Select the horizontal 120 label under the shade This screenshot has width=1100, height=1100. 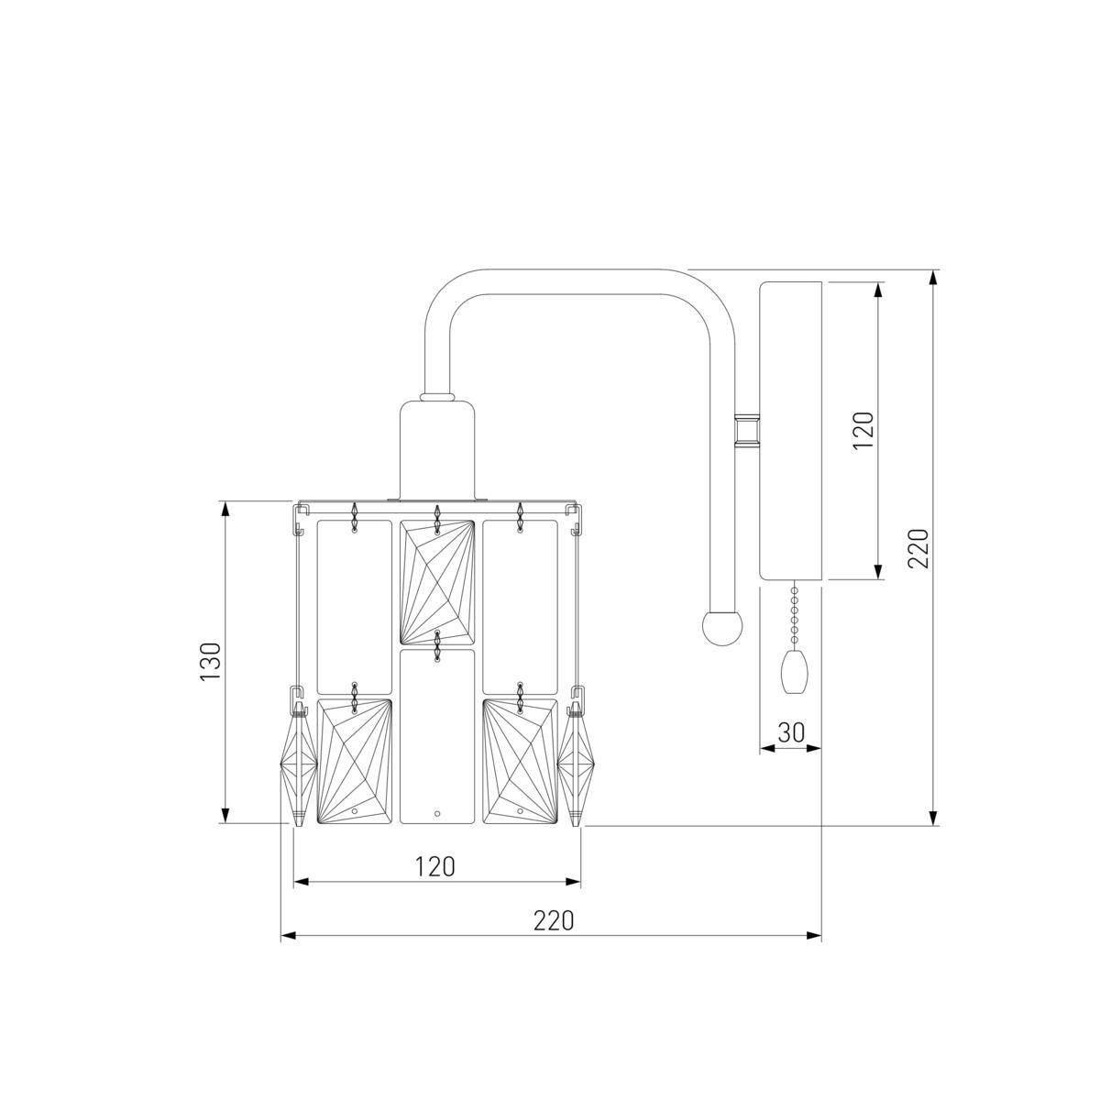pos(435,866)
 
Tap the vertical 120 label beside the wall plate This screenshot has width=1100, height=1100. pos(863,431)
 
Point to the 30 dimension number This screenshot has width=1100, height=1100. pos(791,732)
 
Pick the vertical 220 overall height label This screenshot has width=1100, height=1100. pos(918,548)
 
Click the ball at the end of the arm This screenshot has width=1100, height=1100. pos(722,627)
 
